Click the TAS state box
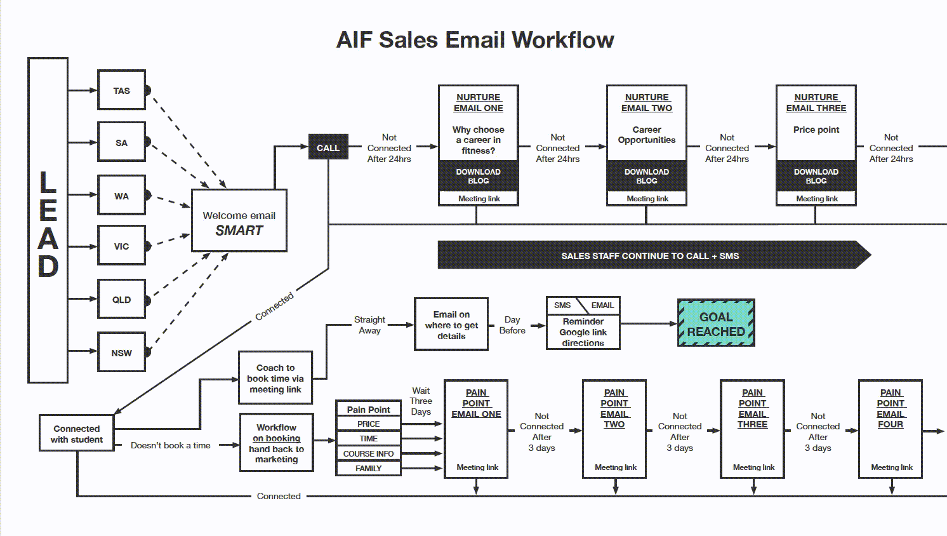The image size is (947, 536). (122, 90)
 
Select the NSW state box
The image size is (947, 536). (122, 352)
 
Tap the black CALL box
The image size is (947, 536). (328, 147)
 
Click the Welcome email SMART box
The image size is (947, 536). (239, 220)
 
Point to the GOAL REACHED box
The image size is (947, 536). (716, 323)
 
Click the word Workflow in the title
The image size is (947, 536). (563, 40)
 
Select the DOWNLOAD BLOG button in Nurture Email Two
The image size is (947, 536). (647, 176)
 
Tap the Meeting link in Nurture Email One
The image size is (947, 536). (479, 198)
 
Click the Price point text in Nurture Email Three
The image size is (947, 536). (816, 130)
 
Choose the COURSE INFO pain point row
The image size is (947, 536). (368, 453)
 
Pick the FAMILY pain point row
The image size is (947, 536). (368, 468)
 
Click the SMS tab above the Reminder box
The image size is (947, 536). (562, 305)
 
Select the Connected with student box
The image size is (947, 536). (77, 433)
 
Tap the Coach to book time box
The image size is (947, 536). (275, 378)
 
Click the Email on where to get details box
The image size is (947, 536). (451, 325)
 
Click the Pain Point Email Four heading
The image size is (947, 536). (891, 408)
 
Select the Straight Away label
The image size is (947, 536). (369, 325)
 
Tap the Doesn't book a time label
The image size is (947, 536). (170, 445)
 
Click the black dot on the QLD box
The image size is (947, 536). (147, 301)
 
